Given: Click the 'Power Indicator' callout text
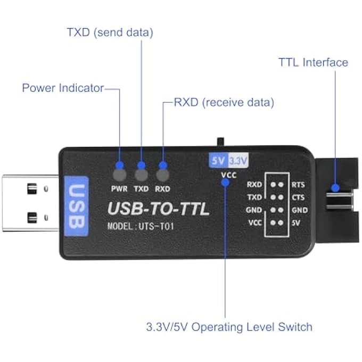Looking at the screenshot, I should pos(63,88).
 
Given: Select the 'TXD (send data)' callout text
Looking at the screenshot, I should pos(110,32).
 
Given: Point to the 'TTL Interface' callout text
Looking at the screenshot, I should pos(313,62).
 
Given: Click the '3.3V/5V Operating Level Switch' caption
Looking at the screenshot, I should pos(229,326).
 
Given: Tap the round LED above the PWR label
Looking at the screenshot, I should pos(119,175).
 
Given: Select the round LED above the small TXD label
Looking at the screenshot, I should pos(141,175).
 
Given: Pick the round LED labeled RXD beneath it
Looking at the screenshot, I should pos(162,175).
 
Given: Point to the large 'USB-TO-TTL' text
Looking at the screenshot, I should pos(159,208).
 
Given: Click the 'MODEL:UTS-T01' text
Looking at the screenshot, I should pos(141,226).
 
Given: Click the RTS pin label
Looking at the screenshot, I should pos(299,185).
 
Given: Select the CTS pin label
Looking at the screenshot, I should pos(299,198).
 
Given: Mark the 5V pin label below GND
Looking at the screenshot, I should pos(297,223).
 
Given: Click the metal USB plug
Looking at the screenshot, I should pos(29,203).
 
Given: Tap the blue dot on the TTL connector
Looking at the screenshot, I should pos(335,188).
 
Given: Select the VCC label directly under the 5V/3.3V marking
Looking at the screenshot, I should pos(226,173).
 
